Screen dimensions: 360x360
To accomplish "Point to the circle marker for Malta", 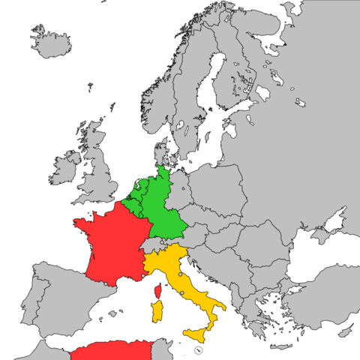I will click(198, 350).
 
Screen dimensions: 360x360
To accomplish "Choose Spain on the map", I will click(60, 296).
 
